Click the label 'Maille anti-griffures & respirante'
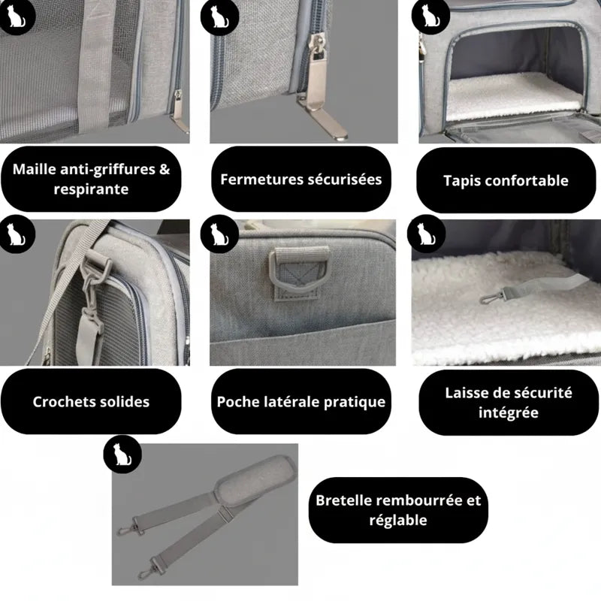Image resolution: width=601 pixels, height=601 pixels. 91,179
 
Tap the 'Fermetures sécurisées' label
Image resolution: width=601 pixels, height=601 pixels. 300,179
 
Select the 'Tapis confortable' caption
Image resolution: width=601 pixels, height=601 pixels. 506,180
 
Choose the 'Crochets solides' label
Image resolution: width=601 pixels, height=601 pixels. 91,401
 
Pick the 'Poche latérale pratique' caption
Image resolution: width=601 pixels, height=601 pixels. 300,401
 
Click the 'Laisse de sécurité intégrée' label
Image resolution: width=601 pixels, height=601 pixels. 508,403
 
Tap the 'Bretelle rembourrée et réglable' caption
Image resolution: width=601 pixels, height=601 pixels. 398,510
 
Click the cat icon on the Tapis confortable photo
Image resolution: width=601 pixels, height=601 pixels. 429,15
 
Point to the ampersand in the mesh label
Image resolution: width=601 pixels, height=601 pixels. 163,169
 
